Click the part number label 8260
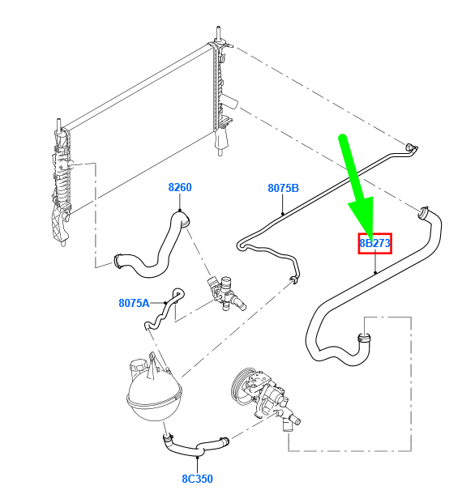click(180, 187)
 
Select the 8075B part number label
click(284, 188)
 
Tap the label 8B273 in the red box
click(375, 243)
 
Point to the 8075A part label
click(134, 303)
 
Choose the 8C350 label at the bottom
click(197, 479)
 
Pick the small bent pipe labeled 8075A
click(162, 309)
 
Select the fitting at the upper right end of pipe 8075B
click(412, 147)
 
